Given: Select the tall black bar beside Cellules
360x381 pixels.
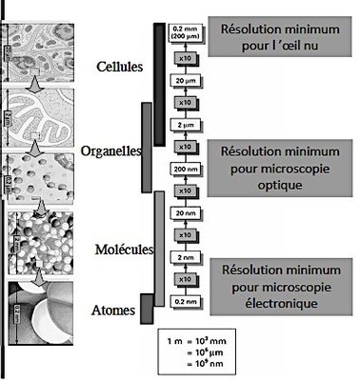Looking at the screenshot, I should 158,69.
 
